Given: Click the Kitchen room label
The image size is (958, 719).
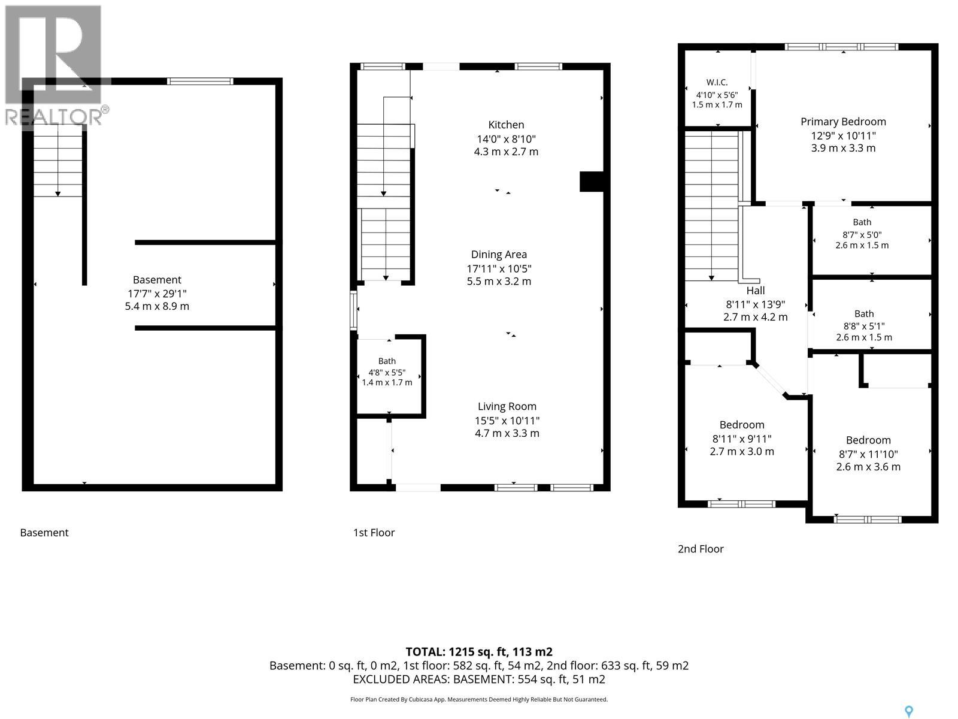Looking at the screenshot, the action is (506, 125).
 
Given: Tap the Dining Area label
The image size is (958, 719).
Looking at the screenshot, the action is (499, 255).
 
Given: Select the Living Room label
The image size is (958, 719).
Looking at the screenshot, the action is (507, 406).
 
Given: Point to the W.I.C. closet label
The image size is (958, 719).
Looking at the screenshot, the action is (717, 82).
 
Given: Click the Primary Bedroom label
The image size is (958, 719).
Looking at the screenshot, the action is (843, 122).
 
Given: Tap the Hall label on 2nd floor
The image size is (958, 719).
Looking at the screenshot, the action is (755, 291).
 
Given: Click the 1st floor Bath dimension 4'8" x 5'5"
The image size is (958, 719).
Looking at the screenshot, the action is (387, 372).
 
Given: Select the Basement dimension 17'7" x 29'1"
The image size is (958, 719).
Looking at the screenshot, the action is (157, 294).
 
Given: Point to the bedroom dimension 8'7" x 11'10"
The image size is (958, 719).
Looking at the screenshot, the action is (868, 454).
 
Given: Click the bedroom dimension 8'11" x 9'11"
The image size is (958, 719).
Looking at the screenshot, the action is (741, 439).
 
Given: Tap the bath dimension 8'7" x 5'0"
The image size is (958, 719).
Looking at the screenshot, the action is (862, 235).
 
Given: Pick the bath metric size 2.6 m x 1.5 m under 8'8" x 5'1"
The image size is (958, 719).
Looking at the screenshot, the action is (864, 337).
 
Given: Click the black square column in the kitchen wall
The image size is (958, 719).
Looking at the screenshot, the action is (592, 182).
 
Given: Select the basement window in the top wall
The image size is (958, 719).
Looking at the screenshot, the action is (201, 81).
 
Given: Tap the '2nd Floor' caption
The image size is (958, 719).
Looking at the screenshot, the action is (701, 549).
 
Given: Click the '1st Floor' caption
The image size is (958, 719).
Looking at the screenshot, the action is (374, 533).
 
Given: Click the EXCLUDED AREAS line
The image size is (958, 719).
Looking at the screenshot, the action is (479, 679).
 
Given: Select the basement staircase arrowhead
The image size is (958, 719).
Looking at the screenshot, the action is (57, 194).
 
